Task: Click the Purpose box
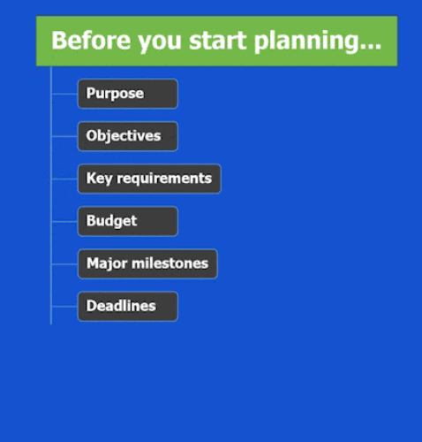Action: pyautogui.click(x=128, y=94)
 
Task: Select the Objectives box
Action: pyautogui.click(x=128, y=136)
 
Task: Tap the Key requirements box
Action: pyautogui.click(x=149, y=179)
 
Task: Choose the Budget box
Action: pyautogui.click(x=128, y=221)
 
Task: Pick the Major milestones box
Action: pyautogui.click(x=147, y=263)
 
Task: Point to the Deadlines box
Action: pyautogui.click(x=128, y=306)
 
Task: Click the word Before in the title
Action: pyautogui.click(x=91, y=41)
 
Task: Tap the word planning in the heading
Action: pyautogui.click(x=305, y=42)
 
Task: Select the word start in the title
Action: pyautogui.click(x=217, y=41)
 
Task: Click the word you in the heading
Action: pyautogui.click(x=160, y=43)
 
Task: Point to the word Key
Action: pyautogui.click(x=99, y=179)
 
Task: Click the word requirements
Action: pyautogui.click(x=164, y=179)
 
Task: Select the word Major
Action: pyautogui.click(x=107, y=263)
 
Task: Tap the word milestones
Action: pyautogui.click(x=170, y=263)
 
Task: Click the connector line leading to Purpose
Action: pyautogui.click(x=64, y=94)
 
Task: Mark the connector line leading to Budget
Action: pyautogui.click(x=64, y=221)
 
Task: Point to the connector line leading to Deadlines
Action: pyautogui.click(x=64, y=307)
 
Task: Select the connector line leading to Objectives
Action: pyautogui.click(x=64, y=136)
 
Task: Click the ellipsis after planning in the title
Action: pyautogui.click(x=370, y=47)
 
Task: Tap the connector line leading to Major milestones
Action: pyautogui.click(x=64, y=264)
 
